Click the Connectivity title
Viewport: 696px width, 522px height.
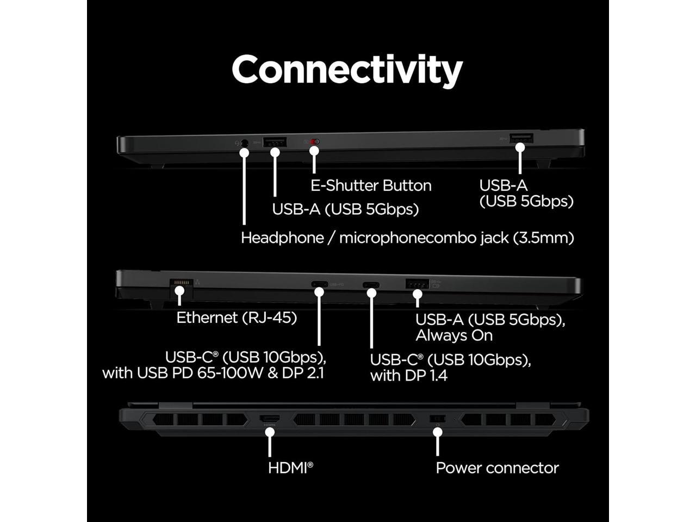(x=347, y=70)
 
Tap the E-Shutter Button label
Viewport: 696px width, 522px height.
(x=371, y=185)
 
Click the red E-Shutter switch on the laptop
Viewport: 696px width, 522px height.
(x=314, y=142)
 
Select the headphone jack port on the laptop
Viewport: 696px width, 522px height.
(x=244, y=142)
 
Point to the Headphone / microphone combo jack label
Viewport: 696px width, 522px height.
(x=407, y=238)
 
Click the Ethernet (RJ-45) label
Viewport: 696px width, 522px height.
(x=237, y=318)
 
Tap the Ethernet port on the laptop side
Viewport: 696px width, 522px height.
(x=181, y=284)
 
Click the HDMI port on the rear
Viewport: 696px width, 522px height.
(x=270, y=419)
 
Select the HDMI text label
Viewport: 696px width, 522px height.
(x=290, y=467)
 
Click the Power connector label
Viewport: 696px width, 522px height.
(x=497, y=468)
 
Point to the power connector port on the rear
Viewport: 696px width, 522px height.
(x=438, y=419)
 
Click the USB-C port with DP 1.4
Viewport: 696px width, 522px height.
(x=371, y=284)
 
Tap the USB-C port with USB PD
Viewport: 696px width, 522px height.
(x=319, y=284)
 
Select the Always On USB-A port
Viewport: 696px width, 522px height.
(x=417, y=283)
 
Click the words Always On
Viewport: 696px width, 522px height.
(x=454, y=335)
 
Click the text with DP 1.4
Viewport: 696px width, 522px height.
(x=408, y=375)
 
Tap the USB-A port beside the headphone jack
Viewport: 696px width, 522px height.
(x=275, y=142)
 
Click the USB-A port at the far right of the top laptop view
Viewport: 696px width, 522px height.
(x=520, y=138)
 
